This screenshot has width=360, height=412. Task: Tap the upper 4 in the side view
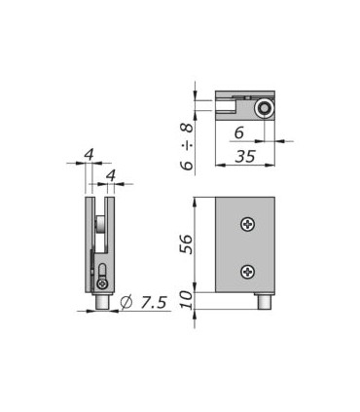[x=89, y=155]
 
